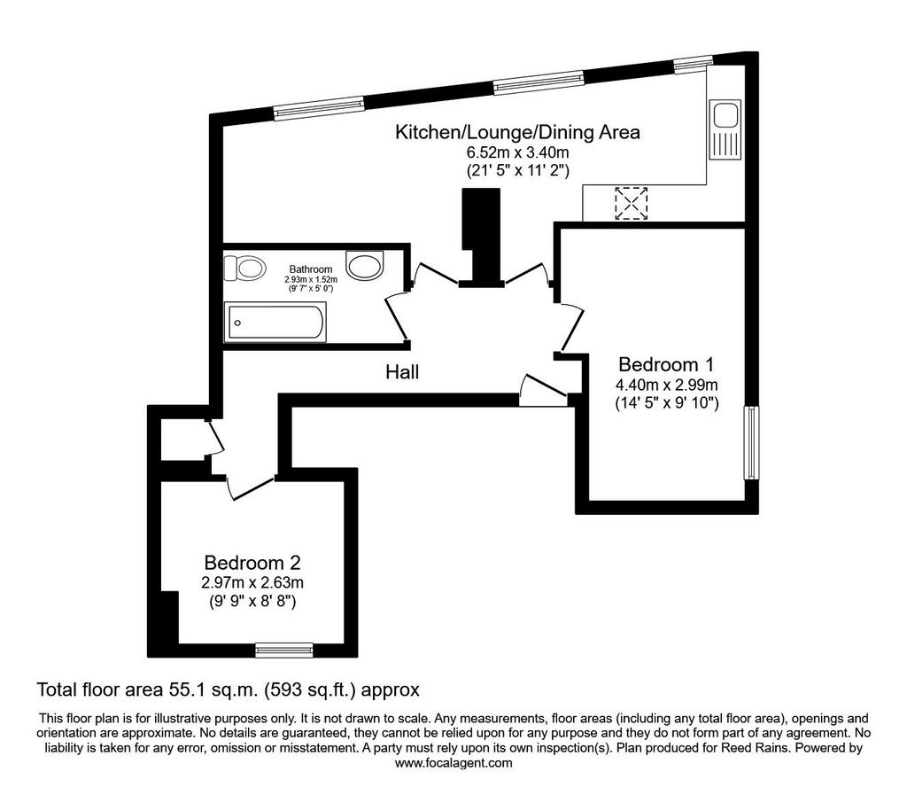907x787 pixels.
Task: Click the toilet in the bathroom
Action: [x=244, y=268]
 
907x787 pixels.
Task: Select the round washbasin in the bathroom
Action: [x=364, y=265]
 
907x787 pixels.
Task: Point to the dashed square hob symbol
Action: [x=631, y=203]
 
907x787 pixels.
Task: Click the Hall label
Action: [x=402, y=372]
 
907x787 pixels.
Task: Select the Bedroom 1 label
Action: [x=666, y=364]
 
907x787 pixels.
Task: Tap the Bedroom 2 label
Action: [x=252, y=563]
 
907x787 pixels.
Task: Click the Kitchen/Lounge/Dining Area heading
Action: [x=517, y=133]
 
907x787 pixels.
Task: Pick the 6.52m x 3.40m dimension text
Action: [x=517, y=152]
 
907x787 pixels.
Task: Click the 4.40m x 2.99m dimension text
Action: [x=666, y=385]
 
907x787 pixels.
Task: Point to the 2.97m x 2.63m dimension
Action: [x=252, y=583]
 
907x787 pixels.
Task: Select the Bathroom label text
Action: [x=311, y=269]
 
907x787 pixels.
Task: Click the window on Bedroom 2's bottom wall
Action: [x=284, y=651]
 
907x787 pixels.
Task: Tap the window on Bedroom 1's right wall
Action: [x=751, y=443]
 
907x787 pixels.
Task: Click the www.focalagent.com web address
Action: [x=453, y=763]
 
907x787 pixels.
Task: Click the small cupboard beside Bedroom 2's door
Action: [x=183, y=439]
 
